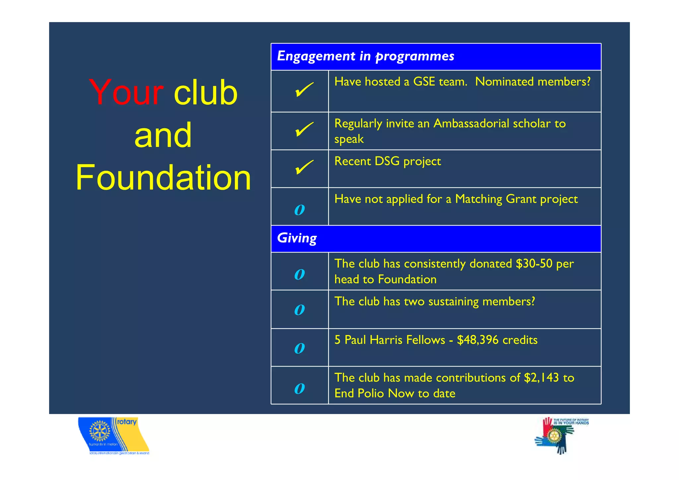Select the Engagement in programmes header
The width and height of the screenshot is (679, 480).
pyautogui.click(x=365, y=56)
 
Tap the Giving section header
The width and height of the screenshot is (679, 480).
pyautogui.click(x=297, y=238)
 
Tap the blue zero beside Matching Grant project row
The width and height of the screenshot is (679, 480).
pyautogui.click(x=299, y=210)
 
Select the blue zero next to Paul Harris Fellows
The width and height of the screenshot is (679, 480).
pyautogui.click(x=299, y=348)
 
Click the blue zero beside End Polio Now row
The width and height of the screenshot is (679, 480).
pyautogui.click(x=299, y=388)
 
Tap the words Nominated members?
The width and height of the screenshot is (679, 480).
pyautogui.click(x=532, y=82)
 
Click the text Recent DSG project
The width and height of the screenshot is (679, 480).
pyautogui.click(x=387, y=161)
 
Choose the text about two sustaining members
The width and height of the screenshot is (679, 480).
pyautogui.click(x=434, y=302)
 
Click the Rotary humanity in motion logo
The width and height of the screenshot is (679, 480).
pyautogui.click(x=113, y=435)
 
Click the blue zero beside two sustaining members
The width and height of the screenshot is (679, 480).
pyautogui.click(x=299, y=310)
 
